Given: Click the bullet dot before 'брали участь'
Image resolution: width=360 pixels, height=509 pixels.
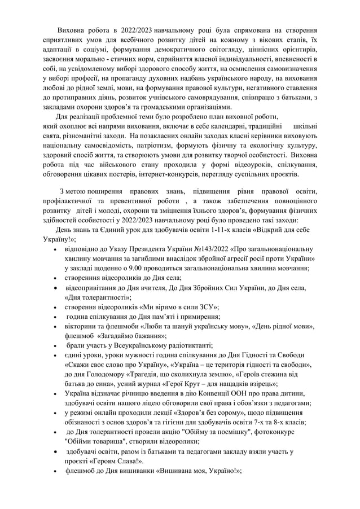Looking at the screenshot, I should click(x=54, y=345).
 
